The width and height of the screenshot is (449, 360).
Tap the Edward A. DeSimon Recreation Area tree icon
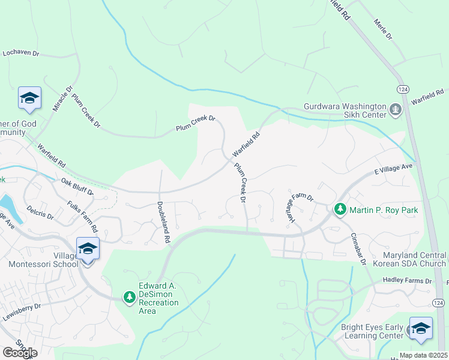[129, 297]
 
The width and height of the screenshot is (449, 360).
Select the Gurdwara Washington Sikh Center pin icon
[395, 109]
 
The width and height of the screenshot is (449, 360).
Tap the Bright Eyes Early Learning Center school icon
[421, 329]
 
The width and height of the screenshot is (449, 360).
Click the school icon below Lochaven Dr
[29, 98]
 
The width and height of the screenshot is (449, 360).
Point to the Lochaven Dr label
[20, 53]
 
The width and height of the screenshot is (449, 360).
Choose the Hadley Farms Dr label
[407, 281]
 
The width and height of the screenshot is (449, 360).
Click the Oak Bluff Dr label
[77, 187]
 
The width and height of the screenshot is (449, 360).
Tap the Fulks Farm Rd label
[82, 217]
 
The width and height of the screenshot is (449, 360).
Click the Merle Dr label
[382, 29]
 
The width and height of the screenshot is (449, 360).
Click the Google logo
[20, 353]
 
